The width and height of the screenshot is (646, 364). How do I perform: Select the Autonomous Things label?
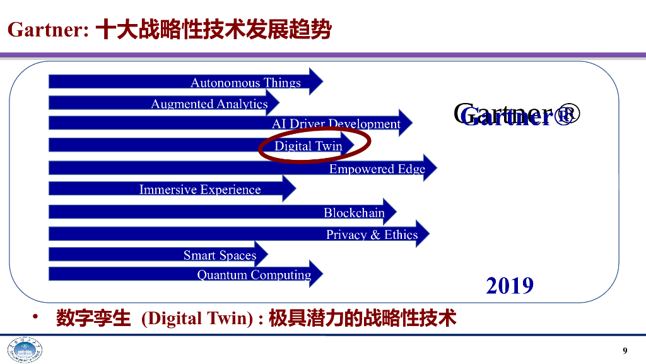coord(245,83)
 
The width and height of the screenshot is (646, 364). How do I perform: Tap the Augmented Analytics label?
coord(209,104)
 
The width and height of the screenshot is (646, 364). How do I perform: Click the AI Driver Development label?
coord(336,124)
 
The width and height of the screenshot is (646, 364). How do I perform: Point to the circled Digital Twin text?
coord(308,146)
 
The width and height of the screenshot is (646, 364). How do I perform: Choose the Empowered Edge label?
coord(377,169)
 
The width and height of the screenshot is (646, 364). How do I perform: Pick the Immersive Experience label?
coord(199,190)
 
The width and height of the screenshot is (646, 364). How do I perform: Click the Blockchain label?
coord(354,213)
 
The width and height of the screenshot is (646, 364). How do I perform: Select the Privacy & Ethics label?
coord(372,235)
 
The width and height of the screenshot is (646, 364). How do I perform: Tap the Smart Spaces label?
coord(220,255)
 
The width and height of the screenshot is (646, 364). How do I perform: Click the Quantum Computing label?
coord(254,275)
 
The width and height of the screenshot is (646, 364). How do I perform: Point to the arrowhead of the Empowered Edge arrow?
coord(430,168)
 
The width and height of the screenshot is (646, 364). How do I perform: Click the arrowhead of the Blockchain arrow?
coord(389,212)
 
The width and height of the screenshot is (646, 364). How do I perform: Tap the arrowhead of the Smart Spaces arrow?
coord(261,254)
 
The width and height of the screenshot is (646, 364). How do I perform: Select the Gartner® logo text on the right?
coord(516,115)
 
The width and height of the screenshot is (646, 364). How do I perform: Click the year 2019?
coord(510,286)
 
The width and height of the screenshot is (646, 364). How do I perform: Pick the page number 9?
coord(625,351)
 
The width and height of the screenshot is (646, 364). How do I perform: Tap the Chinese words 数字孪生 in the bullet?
coord(92,318)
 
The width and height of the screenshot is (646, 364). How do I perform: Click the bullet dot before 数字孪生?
coord(37,317)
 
